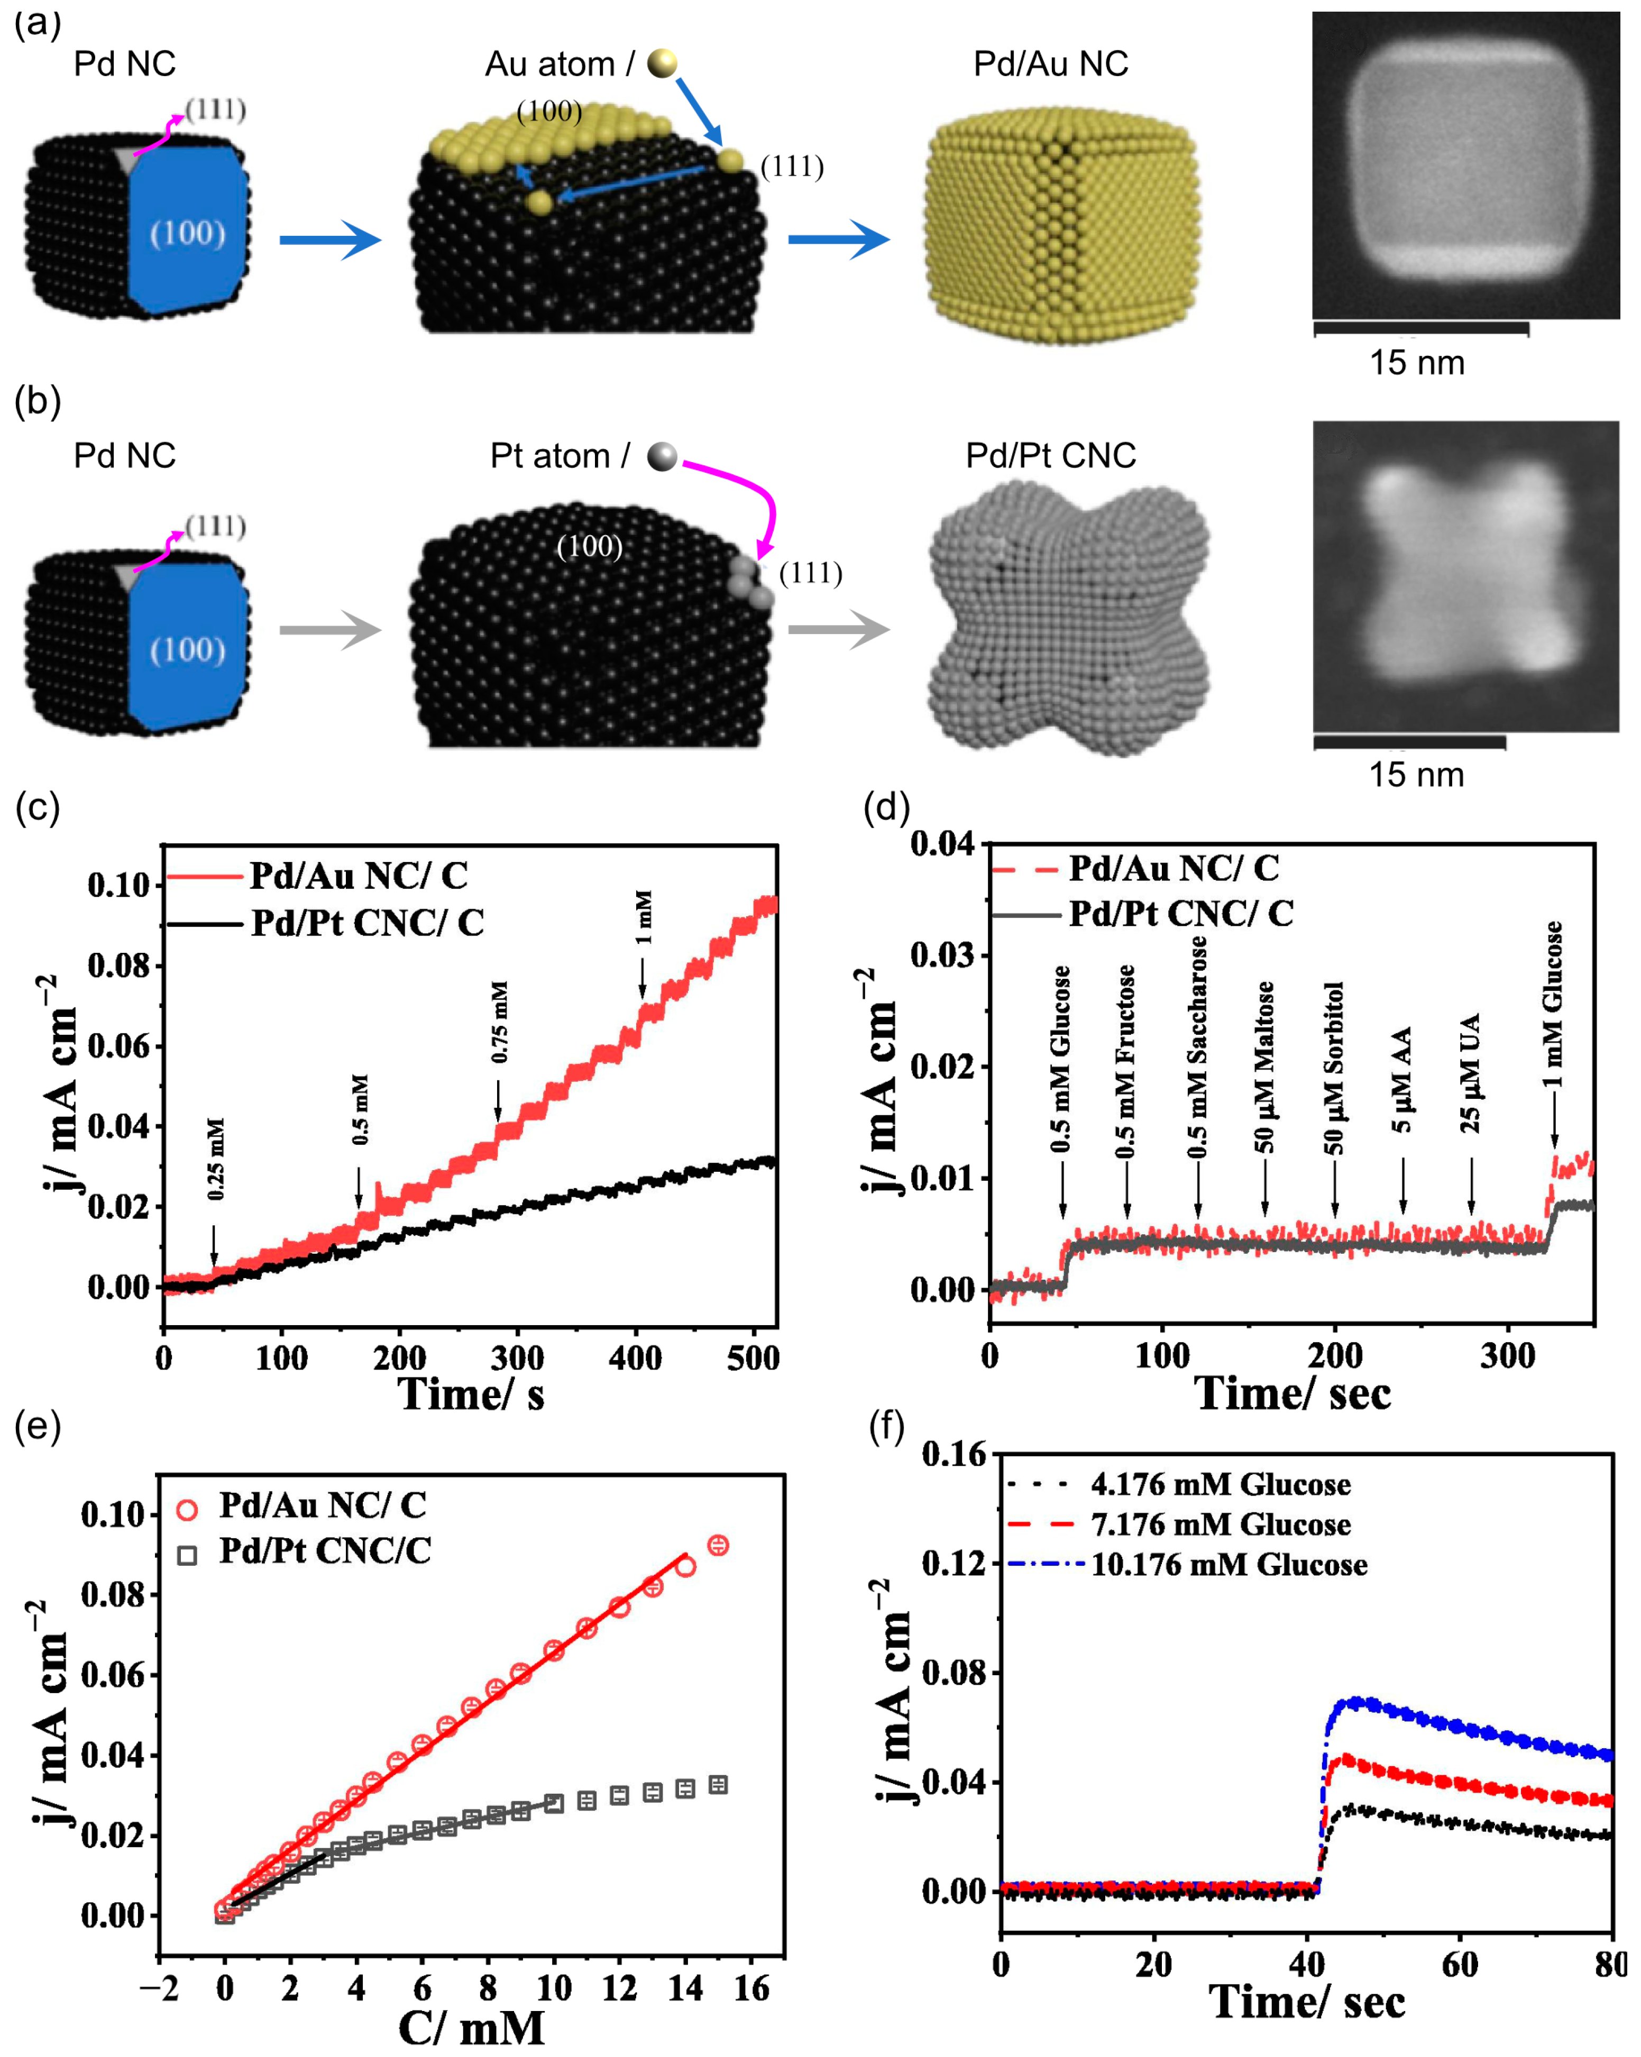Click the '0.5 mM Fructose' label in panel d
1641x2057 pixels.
coord(1126,1061)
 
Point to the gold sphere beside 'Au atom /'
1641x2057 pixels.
coord(662,63)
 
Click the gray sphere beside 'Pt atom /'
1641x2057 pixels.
coord(662,456)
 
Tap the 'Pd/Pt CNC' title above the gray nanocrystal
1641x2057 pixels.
coord(1050,455)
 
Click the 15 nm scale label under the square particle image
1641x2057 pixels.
coord(1417,363)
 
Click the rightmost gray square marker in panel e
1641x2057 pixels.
coord(718,1785)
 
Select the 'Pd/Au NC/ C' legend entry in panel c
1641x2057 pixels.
coord(358,876)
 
